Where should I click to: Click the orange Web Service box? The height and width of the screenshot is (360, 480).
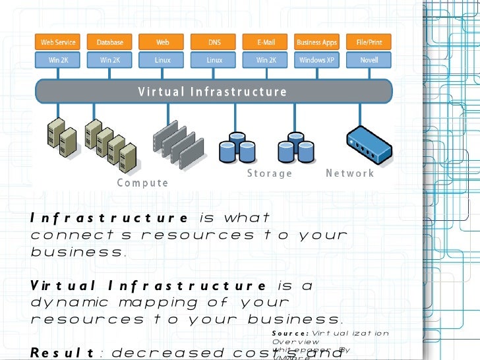point(58,42)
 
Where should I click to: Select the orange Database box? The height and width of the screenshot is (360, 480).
point(110,42)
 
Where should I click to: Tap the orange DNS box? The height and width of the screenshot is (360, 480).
point(214,42)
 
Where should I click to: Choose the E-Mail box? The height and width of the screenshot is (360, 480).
point(266,42)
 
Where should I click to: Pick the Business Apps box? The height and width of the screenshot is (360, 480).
point(317,42)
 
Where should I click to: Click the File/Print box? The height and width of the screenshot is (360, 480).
point(369,42)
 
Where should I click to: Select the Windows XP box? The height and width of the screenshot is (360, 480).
point(317,60)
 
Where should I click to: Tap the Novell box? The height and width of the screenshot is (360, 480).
point(369,60)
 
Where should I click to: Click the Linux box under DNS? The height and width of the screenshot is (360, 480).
point(214,60)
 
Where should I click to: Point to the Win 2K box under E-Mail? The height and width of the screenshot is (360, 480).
point(266,60)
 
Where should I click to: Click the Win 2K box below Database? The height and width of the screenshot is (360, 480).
point(110,60)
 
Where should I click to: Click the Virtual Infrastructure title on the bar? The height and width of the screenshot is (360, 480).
point(212,92)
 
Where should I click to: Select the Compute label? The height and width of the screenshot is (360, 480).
point(142,183)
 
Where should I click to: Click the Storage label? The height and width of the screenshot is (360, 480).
point(270,173)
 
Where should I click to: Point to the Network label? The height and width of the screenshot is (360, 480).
point(350,173)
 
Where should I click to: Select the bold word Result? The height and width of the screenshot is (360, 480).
point(61,352)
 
